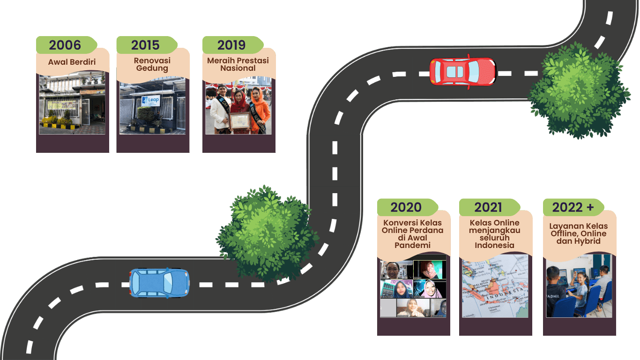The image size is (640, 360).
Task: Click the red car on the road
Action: [462, 72]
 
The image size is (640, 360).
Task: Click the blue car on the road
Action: [159, 283]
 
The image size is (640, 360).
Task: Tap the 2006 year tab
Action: [65, 45]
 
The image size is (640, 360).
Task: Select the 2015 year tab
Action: [146, 45]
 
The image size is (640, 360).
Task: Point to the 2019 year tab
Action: [231, 45]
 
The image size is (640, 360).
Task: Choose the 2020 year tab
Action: [406, 207]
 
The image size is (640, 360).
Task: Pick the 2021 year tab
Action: [488, 207]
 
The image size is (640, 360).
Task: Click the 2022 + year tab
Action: [572, 207]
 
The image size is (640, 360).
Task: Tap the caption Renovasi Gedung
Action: [152, 64]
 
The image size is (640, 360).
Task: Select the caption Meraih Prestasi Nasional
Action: [238, 64]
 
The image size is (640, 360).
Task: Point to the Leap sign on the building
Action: [151, 101]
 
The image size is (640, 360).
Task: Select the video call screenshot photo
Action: [413, 289]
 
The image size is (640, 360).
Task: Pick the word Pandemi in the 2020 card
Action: [412, 245]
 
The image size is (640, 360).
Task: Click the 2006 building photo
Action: [72, 104]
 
